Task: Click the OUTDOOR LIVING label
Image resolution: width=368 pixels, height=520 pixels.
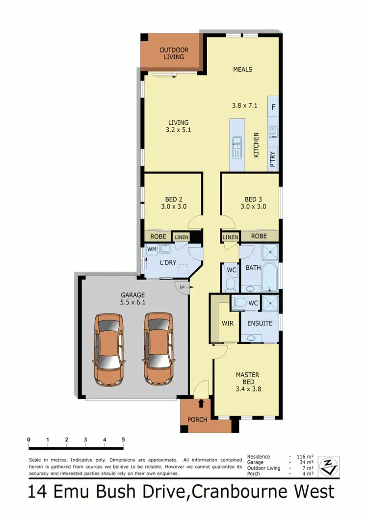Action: (171, 53)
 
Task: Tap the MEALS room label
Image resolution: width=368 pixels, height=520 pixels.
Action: (242, 69)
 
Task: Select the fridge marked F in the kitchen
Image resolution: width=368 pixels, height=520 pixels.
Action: (273, 106)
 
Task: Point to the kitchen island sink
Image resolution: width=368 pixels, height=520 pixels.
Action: (237, 145)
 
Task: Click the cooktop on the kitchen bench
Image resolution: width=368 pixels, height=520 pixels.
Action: (273, 131)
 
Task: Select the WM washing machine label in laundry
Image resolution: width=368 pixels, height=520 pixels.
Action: (152, 250)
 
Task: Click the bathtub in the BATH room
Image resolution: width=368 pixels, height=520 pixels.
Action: (269, 278)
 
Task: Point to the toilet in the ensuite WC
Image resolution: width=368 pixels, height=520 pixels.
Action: (240, 303)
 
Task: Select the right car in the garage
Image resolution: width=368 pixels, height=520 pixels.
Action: (159, 349)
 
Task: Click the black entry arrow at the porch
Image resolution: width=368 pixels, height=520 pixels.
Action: (201, 404)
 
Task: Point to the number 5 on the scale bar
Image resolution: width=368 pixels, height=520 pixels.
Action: (123, 440)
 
